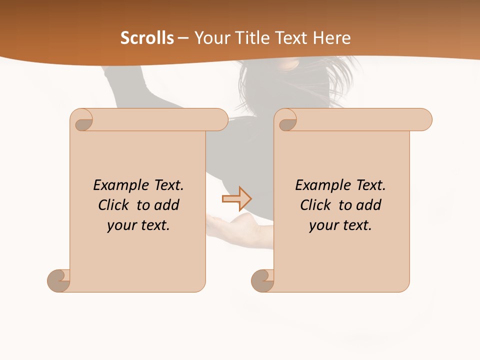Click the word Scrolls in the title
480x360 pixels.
147,38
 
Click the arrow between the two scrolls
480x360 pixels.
236,199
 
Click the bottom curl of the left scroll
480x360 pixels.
59,280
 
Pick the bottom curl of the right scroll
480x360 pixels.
263,280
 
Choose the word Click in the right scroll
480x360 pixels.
315,205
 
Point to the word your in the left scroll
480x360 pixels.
121,225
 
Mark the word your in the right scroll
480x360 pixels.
323,225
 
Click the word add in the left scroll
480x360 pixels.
167,205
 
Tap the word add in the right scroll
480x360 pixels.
369,205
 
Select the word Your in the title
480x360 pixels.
210,38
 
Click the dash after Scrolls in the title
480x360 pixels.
183,38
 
